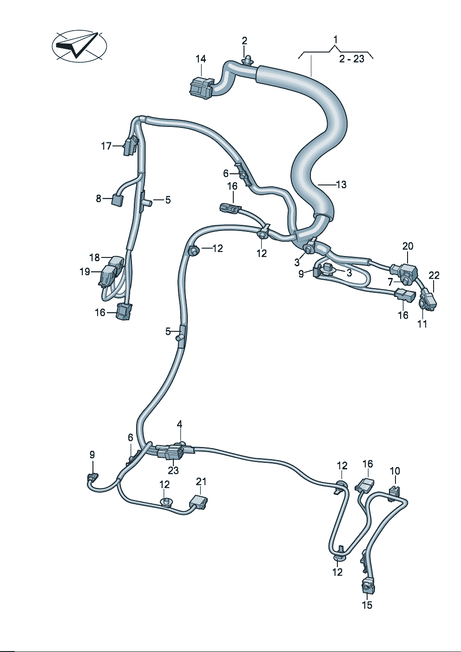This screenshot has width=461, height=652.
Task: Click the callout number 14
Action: click(201, 59)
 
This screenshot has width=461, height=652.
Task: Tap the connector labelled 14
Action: click(202, 87)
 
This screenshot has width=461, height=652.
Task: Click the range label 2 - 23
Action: click(352, 59)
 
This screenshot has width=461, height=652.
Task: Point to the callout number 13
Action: click(341, 184)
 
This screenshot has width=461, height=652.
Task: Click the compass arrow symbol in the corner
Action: click(79, 46)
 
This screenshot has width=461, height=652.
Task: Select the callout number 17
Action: click(106, 146)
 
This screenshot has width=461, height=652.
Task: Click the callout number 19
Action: click(85, 271)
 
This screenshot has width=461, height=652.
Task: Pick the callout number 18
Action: click(94, 257)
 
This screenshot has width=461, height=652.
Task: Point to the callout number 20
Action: click(408, 246)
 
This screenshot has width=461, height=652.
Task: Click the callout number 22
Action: click(434, 275)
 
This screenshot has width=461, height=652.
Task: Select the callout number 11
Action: click(422, 324)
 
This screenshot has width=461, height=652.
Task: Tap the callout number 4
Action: click(179, 424)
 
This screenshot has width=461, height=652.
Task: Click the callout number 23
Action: click(173, 470)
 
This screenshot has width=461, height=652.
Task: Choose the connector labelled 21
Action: click(198, 503)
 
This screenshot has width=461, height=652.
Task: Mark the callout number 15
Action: click(367, 605)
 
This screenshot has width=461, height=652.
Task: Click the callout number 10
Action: click(395, 471)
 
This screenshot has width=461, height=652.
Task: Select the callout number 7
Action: click(390, 282)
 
